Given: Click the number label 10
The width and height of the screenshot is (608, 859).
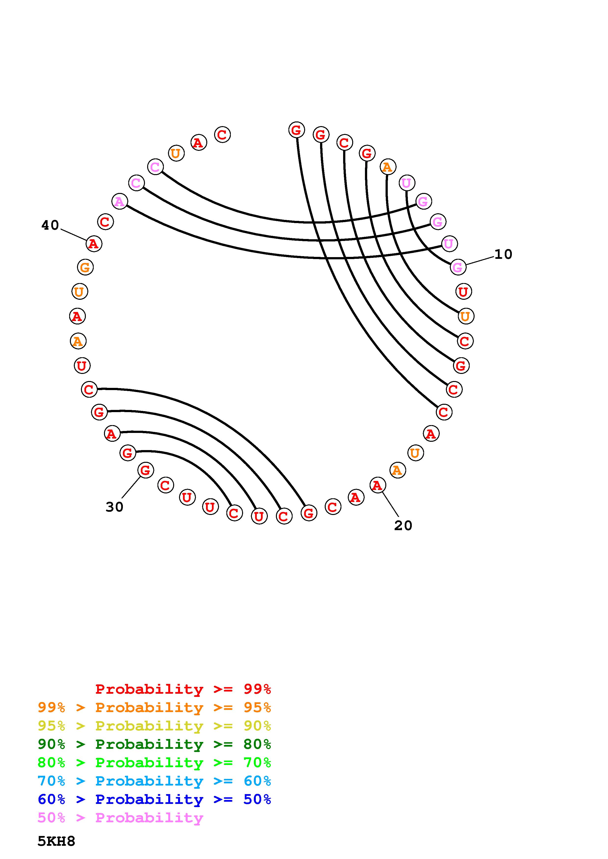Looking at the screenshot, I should pos(503,254).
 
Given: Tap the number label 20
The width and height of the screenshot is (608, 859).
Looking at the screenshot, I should pos(403,526).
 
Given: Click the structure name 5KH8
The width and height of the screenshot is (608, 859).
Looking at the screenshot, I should pos(56,841).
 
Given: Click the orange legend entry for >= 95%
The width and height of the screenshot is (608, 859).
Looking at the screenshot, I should pos(154,707).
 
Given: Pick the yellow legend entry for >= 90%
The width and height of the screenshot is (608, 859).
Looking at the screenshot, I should pos(154,726).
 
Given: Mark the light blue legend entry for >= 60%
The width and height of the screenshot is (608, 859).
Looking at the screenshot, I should pos(154,781).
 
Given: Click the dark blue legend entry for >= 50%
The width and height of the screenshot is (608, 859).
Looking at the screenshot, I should pos(154,799).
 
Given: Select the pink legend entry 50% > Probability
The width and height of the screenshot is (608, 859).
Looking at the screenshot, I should pos(120,817).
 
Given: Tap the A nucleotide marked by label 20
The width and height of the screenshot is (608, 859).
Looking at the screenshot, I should pos(377,485).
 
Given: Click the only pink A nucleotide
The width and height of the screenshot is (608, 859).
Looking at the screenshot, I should pos(119,202).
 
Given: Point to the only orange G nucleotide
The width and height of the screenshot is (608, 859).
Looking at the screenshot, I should pos(85,267).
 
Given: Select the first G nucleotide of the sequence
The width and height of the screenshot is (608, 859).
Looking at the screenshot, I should pos(296,130).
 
